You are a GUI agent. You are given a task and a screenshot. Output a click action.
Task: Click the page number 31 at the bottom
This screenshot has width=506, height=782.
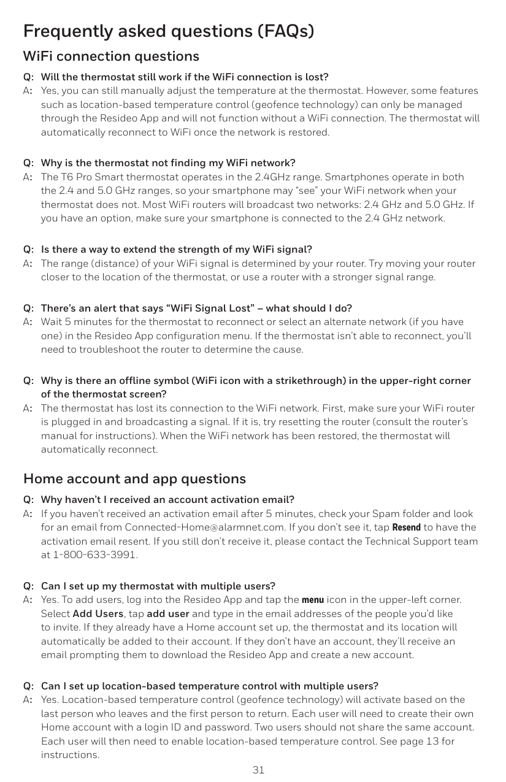(258, 770)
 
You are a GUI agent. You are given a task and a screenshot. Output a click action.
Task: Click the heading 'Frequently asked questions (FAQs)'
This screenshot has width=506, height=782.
(169, 31)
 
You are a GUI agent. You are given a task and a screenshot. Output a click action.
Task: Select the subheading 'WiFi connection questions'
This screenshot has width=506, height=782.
(111, 56)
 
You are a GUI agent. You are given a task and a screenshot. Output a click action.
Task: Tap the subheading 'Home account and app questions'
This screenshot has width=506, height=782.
(134, 478)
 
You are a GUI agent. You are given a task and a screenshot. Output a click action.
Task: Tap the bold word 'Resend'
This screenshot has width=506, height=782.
(406, 527)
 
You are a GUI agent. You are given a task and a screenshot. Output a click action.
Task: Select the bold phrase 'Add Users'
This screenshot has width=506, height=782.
(98, 613)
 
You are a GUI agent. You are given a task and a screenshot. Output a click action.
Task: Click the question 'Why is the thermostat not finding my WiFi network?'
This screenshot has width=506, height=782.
(168, 163)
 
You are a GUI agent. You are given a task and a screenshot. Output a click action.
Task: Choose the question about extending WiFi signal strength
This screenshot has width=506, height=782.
(176, 250)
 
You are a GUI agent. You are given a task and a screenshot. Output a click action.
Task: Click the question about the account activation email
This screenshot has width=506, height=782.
(167, 499)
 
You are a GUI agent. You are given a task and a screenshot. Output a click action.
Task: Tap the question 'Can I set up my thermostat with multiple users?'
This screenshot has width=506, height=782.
(158, 586)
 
